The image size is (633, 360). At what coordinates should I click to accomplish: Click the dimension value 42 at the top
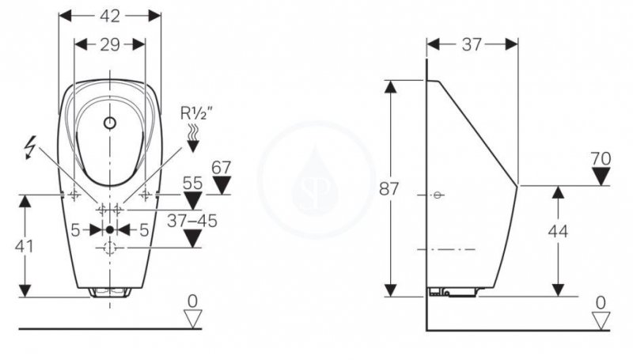pos(110,16)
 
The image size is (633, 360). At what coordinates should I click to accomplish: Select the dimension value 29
pos(110,44)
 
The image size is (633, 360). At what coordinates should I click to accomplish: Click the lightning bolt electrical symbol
pos(31,146)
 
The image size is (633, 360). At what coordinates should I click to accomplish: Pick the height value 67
pos(222,168)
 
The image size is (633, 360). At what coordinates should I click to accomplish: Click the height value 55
pos(193,182)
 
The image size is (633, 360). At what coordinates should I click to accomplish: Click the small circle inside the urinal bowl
pos(110,123)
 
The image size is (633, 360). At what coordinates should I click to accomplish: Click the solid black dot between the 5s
pos(110,229)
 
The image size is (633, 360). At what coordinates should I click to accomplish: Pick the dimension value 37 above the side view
pos(472,44)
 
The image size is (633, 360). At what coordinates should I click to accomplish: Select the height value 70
pos(601,158)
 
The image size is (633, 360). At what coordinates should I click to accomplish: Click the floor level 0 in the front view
pos(191,301)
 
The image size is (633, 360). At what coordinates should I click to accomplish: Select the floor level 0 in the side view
pos(601,301)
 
